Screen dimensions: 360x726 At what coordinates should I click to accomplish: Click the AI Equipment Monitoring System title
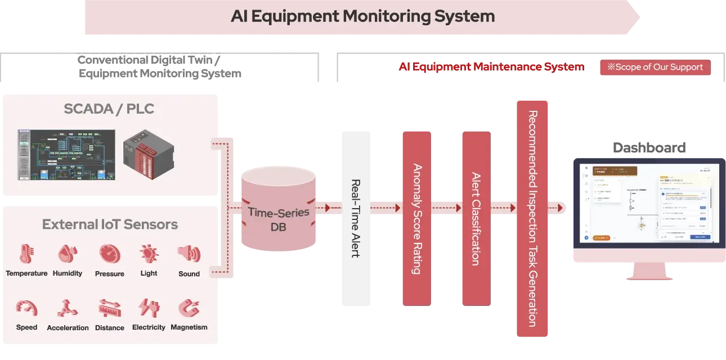[x=362, y=16]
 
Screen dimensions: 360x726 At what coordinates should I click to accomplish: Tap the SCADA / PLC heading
[x=109, y=109]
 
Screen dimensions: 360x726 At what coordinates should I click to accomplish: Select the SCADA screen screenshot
[x=66, y=155]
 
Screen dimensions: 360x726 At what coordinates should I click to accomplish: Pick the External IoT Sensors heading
[x=110, y=225]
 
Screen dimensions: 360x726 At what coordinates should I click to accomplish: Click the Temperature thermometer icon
[x=26, y=254]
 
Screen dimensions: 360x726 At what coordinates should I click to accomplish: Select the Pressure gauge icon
[x=110, y=254]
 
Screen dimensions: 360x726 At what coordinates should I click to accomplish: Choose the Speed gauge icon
[x=26, y=308]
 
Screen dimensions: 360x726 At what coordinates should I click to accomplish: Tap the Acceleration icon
[x=68, y=308]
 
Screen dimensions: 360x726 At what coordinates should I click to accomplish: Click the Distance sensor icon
[x=110, y=308]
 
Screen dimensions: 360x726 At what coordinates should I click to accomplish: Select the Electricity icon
[x=149, y=308]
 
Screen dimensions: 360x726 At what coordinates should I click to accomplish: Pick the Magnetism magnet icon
[x=189, y=308]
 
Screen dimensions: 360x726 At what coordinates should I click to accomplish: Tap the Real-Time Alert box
[x=356, y=218]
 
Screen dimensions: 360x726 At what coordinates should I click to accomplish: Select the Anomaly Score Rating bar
[x=416, y=218]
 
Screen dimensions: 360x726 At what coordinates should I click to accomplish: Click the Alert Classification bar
[x=475, y=218]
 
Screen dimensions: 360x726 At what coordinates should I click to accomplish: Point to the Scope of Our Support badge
[x=655, y=67]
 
